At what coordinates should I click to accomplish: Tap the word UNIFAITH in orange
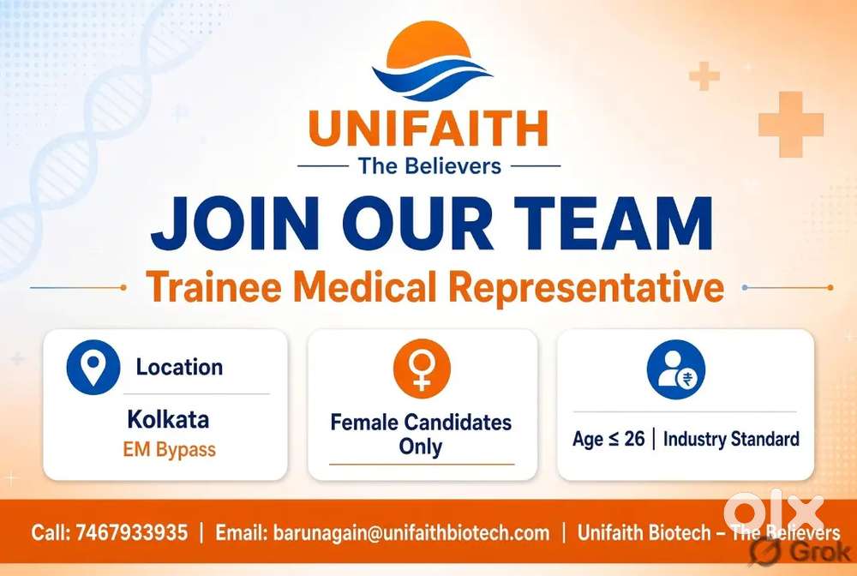point(428,129)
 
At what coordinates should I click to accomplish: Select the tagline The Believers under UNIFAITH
point(429,166)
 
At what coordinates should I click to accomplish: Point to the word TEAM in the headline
point(614,224)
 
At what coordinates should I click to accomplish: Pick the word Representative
point(589,287)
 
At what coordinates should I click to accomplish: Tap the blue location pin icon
point(93,367)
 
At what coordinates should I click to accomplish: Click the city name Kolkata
point(168,420)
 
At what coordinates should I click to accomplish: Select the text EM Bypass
point(170,450)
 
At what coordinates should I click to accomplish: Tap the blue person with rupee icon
point(676,369)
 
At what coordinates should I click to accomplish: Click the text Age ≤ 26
point(608,439)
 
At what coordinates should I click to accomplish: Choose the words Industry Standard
point(731,439)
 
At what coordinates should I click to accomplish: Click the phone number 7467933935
point(132,532)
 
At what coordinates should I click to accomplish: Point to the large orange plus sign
point(791,124)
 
